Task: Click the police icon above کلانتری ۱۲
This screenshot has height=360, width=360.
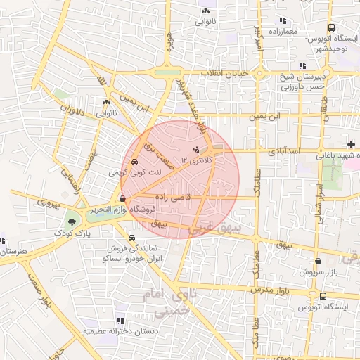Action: tap(196, 149)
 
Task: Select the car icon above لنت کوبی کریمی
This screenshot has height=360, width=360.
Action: tap(134, 161)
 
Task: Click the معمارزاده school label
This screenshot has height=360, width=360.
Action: tap(283, 32)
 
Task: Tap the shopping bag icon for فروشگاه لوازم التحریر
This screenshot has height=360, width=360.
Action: tap(123, 199)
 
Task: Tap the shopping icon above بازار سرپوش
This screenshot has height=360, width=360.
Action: tap(318, 261)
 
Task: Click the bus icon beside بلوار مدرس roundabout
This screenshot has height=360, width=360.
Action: tap(322, 297)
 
